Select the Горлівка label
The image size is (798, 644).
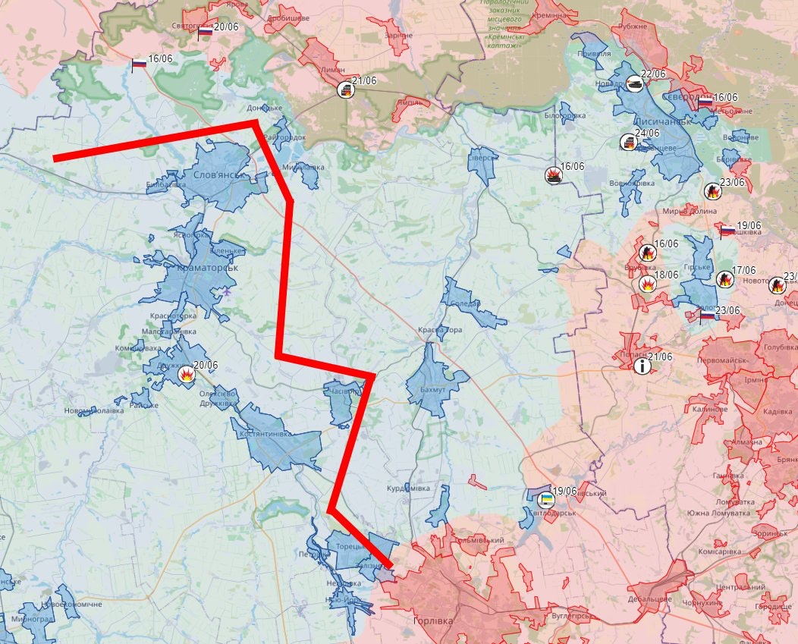[x=432, y=621]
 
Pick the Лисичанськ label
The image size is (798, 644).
[x=662, y=121]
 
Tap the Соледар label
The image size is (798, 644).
[x=465, y=303]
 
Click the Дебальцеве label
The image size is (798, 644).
[x=650, y=599]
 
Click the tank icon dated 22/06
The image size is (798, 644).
[x=635, y=84]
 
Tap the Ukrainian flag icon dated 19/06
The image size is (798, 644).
[x=545, y=499]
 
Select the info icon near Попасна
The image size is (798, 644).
[x=642, y=366]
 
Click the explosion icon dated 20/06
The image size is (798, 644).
[x=186, y=374]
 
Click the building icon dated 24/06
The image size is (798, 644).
[x=628, y=142]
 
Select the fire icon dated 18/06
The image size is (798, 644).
[x=648, y=284]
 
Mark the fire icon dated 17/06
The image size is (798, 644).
[x=724, y=280]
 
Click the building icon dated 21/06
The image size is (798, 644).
[x=345, y=90]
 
